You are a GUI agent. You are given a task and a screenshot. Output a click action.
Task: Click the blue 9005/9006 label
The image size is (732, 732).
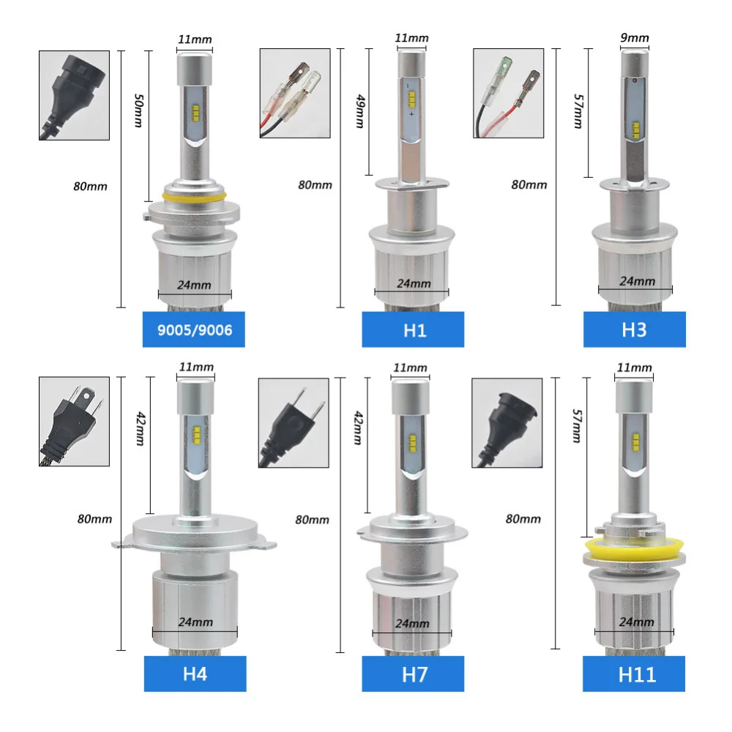pyautogui.click(x=194, y=329)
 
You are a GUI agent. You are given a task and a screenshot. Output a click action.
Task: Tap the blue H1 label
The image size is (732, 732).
pyautogui.click(x=413, y=329)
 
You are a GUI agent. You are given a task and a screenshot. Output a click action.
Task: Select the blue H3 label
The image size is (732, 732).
pyautogui.click(x=635, y=329)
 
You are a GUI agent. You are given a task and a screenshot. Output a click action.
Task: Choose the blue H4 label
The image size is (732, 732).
pyautogui.click(x=195, y=673)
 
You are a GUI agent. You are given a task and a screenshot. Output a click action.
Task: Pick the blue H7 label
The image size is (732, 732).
pyautogui.click(x=413, y=673)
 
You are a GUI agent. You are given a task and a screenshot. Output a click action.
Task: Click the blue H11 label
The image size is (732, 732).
pyautogui.click(x=634, y=673)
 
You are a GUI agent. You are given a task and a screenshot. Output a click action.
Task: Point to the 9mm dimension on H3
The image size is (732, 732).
pyautogui.click(x=635, y=37)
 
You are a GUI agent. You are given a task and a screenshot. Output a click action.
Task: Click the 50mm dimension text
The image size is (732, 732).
pyautogui.click(x=138, y=111)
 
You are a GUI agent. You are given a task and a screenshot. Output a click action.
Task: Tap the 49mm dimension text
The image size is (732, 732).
pyautogui.click(x=360, y=111)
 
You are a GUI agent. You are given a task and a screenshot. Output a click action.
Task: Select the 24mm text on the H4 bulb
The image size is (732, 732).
pyautogui.click(x=195, y=621)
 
